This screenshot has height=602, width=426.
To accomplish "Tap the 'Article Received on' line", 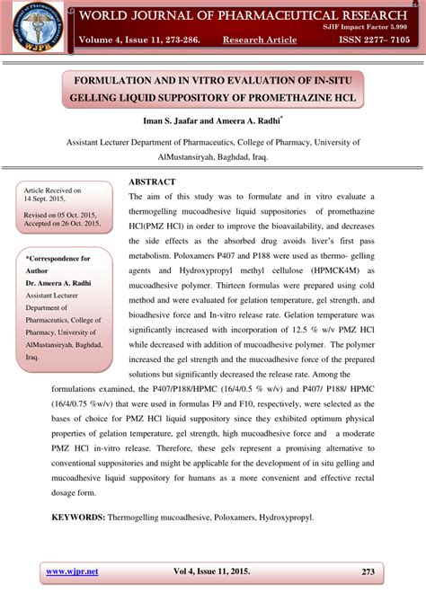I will pos(52,190).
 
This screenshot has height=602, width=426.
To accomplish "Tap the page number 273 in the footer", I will pos(368,571).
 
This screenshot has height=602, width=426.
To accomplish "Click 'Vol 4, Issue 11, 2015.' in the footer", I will pos(212,571).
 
